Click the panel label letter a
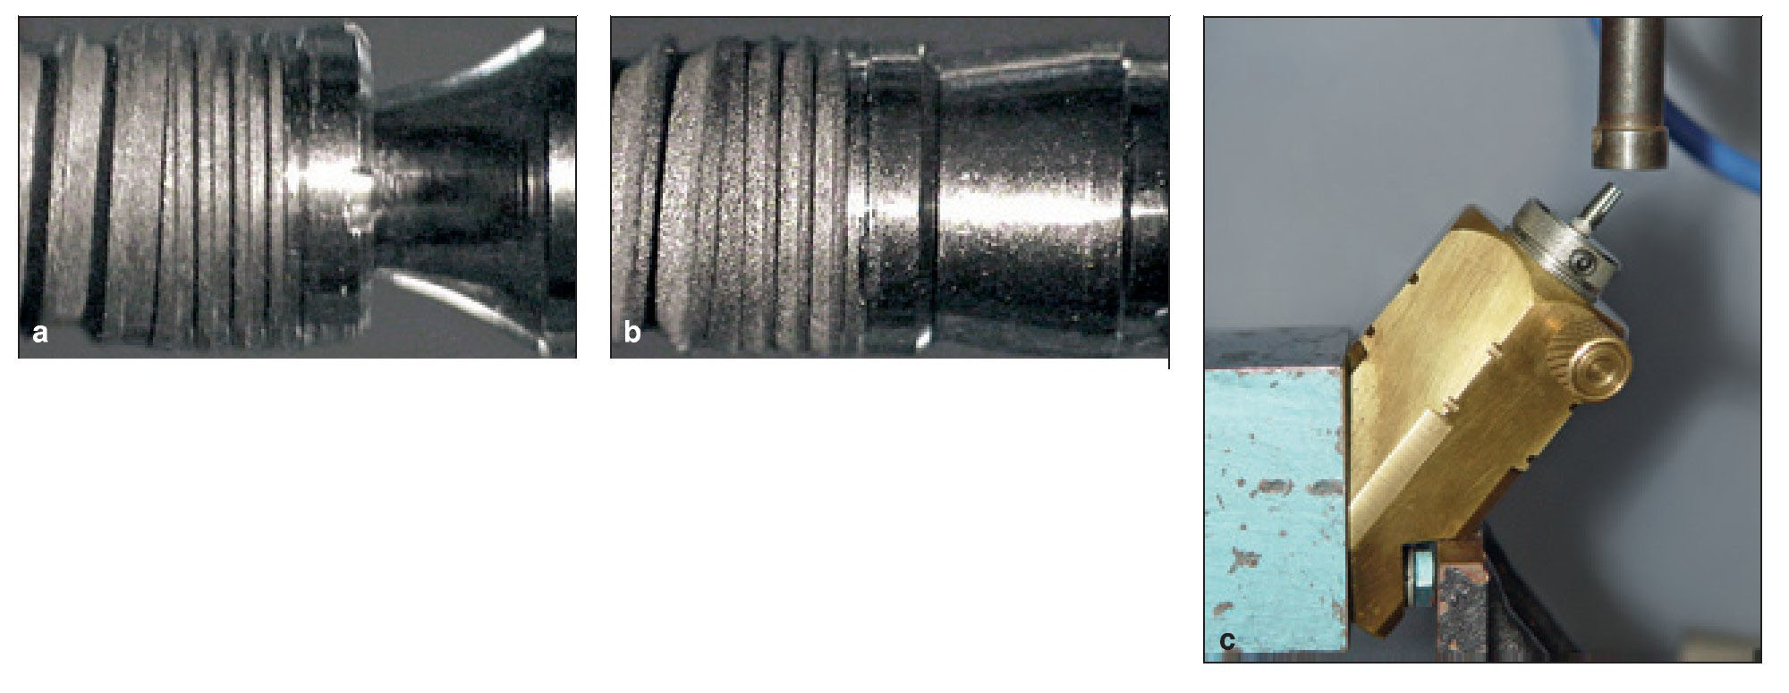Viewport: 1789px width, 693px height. point(39,334)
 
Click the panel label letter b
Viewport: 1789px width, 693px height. point(632,333)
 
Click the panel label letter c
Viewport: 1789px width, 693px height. point(1227,641)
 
